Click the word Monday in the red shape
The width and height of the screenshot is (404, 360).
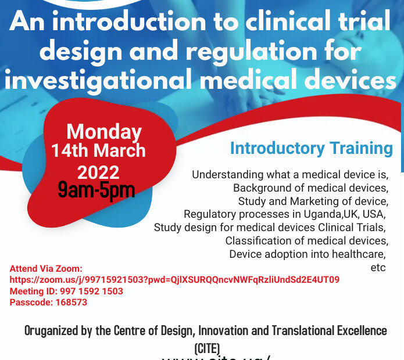click(x=104, y=132)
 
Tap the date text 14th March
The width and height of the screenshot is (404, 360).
click(x=98, y=151)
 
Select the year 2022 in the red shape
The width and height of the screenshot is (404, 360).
click(x=98, y=172)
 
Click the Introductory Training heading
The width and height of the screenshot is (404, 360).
click(x=311, y=148)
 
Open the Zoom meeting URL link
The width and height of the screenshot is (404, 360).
click(x=174, y=280)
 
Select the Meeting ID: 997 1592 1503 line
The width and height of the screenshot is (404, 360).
click(x=66, y=291)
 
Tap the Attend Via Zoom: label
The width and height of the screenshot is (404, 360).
click(x=47, y=269)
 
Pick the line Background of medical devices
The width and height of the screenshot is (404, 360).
click(x=310, y=188)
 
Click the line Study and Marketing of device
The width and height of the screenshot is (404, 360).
click(x=313, y=201)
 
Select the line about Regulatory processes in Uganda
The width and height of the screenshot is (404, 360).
click(x=285, y=214)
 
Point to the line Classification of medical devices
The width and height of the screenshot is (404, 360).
click(x=306, y=240)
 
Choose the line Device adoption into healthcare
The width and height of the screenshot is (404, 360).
click(x=308, y=254)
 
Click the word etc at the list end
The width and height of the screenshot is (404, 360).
click(x=378, y=268)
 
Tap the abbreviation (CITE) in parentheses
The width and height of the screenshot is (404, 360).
click(x=207, y=348)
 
